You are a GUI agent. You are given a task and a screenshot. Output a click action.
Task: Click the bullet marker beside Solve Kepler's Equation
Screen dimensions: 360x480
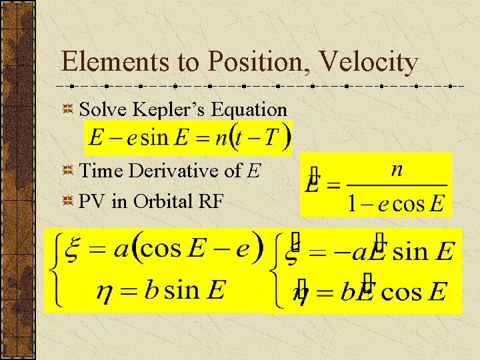pos(69,109)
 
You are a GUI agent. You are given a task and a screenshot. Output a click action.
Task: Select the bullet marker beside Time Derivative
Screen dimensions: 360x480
pos(69,171)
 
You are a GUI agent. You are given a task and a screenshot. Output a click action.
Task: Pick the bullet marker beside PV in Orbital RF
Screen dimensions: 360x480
pos(69,201)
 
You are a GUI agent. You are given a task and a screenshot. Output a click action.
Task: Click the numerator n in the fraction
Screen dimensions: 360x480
pos(397,170)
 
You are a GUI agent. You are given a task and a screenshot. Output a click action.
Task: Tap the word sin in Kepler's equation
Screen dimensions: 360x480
pos(154,138)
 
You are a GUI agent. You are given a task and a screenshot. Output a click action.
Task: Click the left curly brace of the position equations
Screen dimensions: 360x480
pos(53,270)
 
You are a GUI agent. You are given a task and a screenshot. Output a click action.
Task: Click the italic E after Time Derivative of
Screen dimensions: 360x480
pos(253,171)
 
